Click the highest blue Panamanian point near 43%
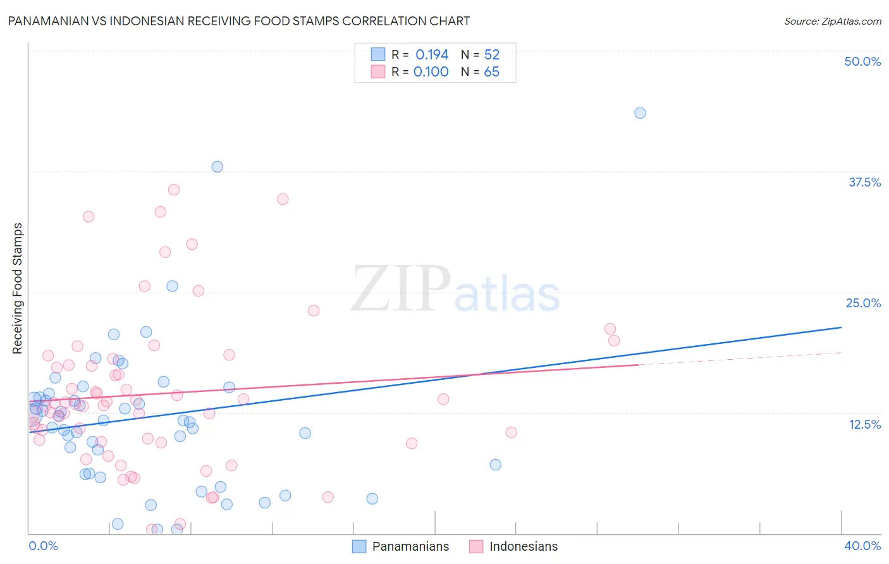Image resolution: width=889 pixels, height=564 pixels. [x=640, y=113]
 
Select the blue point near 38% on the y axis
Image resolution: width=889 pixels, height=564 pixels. [x=217, y=167]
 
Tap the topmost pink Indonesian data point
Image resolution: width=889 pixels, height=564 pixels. [x=174, y=190]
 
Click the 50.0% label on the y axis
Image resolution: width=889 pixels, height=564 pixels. [x=862, y=61]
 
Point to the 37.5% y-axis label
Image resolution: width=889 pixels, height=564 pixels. [x=864, y=182]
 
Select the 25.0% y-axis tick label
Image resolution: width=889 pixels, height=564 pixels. [x=863, y=303]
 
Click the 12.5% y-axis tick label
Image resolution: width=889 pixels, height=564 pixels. [x=864, y=424]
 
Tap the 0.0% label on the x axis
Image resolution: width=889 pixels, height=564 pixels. [x=43, y=546]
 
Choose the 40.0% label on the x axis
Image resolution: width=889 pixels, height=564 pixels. [x=862, y=546]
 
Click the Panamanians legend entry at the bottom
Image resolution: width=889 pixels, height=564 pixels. [x=401, y=546]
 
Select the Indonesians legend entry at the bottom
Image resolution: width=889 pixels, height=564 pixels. [x=514, y=546]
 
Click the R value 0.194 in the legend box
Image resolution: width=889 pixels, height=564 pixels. [x=432, y=54]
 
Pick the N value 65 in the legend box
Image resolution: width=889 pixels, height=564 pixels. [x=491, y=72]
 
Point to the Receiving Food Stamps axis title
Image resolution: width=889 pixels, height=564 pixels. [x=18, y=288]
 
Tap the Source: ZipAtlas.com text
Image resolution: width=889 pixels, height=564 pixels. [x=832, y=21]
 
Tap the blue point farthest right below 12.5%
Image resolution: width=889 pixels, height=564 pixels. [x=495, y=465]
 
